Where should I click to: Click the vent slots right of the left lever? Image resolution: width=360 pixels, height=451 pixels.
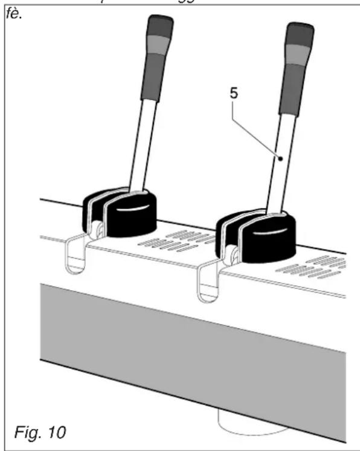[181, 239]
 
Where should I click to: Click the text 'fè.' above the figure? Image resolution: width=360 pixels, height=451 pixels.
[13, 12]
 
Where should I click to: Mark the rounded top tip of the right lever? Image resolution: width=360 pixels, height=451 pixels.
[300, 27]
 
